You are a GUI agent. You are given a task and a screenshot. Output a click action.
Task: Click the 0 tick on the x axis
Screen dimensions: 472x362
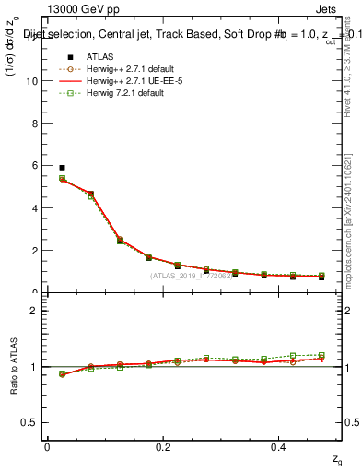point(47,447)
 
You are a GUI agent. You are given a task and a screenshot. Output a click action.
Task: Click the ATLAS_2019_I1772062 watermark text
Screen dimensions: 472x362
point(192,276)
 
